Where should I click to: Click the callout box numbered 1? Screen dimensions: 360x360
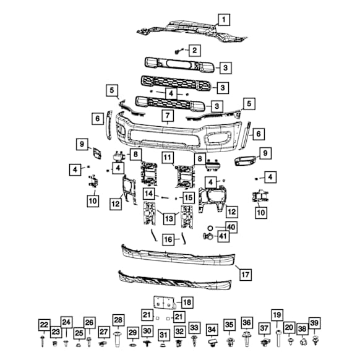click(x=224, y=20)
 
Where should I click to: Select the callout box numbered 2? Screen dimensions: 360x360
click(x=195, y=50)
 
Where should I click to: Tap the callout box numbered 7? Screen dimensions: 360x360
click(x=168, y=116)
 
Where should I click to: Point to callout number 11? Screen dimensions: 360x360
click(x=168, y=158)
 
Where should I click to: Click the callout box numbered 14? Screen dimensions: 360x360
click(x=149, y=194)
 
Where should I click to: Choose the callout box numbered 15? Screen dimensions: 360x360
click(x=189, y=197)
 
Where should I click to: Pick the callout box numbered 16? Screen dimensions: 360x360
click(x=168, y=239)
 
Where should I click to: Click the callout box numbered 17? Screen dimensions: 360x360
click(x=246, y=275)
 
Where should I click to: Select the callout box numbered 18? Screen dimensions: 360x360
click(x=187, y=302)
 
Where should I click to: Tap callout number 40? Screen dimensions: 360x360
click(x=231, y=227)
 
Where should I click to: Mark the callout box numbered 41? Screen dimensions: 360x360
click(x=223, y=236)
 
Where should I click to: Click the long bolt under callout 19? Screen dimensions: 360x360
click(x=278, y=338)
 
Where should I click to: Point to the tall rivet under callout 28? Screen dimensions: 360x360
click(x=118, y=338)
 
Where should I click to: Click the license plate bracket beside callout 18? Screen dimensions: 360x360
click(x=164, y=302)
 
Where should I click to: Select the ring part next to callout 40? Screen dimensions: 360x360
click(x=210, y=228)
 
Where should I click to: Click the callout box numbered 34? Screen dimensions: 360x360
click(x=212, y=330)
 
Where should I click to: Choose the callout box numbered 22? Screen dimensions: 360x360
click(x=44, y=325)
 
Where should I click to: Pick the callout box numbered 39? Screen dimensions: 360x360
click(x=315, y=324)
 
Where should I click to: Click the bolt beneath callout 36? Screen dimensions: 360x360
click(x=247, y=339)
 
